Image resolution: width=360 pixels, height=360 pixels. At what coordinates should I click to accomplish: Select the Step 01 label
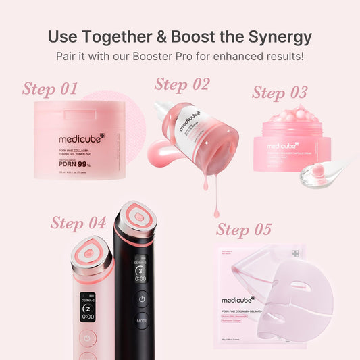click(50, 88)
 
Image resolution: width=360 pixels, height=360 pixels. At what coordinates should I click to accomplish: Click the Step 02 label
click(182, 84)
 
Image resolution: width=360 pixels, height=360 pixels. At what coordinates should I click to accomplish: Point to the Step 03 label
click(280, 93)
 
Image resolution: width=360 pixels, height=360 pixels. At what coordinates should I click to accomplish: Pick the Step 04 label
click(78, 222)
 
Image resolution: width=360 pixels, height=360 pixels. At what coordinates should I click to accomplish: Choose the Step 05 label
click(244, 230)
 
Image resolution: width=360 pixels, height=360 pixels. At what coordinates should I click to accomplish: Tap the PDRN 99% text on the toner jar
click(75, 162)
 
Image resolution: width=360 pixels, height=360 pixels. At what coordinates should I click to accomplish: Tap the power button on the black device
click(141, 297)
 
